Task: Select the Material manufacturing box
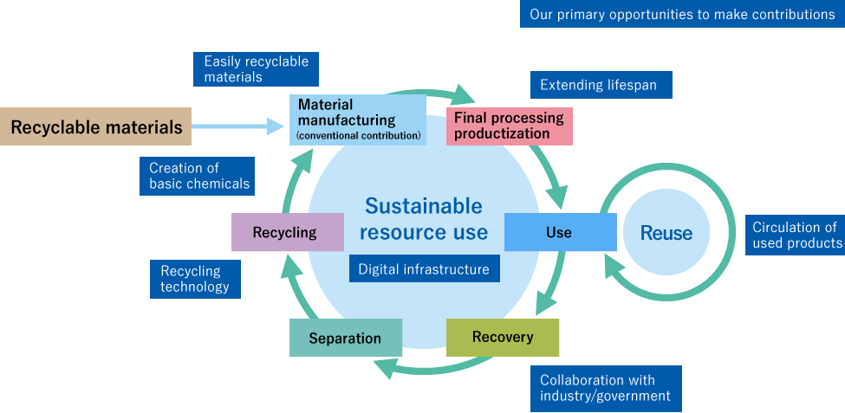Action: click(x=358, y=119)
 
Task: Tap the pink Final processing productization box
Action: click(x=509, y=126)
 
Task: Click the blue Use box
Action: click(x=559, y=232)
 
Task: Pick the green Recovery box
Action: click(x=503, y=337)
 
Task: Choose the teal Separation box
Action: click(x=345, y=338)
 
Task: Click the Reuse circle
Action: click(x=666, y=233)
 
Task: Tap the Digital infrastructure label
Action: click(x=424, y=269)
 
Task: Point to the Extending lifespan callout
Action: click(x=598, y=85)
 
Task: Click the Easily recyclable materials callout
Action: click(x=256, y=69)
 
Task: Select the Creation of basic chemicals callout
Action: click(x=198, y=176)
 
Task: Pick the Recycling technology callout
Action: click(x=194, y=279)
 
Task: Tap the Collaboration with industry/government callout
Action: click(x=605, y=388)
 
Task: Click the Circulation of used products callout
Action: click(x=795, y=235)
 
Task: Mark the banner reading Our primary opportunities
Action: click(x=681, y=14)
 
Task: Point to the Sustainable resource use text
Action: click(x=424, y=219)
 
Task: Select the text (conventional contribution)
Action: click(x=358, y=136)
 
